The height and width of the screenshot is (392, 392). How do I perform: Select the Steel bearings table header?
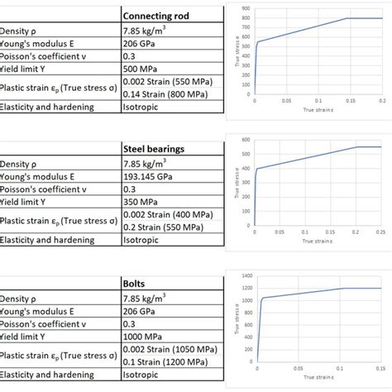tap(154, 149)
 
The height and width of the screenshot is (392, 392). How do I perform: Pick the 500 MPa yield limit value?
tap(140, 69)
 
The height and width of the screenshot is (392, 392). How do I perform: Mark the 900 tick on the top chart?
tap(246, 7)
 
